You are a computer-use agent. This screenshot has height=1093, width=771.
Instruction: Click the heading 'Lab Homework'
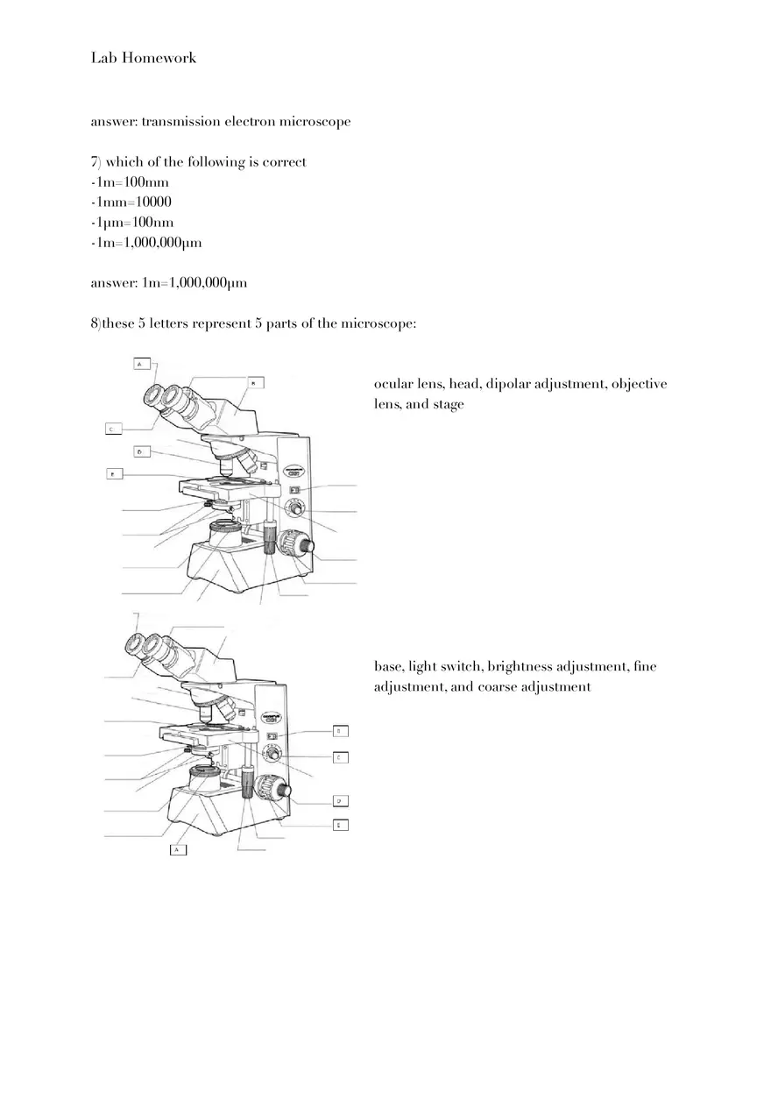144,58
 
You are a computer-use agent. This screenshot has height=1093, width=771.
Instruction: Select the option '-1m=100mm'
130,182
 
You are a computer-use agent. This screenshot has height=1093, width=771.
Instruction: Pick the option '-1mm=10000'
131,202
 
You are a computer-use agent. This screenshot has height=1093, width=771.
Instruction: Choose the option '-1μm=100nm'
132,223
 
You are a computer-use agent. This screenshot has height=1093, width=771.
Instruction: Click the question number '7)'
96,162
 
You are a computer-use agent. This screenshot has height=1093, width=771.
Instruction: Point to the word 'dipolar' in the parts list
507,384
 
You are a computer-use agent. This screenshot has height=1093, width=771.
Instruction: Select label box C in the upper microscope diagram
112,429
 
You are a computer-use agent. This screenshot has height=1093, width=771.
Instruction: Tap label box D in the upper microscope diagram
142,451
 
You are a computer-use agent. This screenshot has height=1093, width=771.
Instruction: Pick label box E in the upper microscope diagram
112,474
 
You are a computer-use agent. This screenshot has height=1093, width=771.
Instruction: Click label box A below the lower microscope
177,848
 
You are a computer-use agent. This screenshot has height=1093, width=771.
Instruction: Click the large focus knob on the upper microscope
301,546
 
